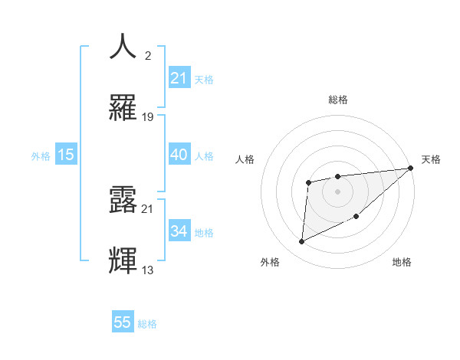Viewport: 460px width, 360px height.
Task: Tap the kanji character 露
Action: point(123,199)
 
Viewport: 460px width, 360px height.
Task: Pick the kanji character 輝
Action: point(123,260)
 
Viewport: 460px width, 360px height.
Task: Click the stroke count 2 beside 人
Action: point(148,55)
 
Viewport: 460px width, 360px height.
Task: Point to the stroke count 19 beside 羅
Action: point(148,116)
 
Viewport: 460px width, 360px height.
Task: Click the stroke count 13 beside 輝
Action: point(148,270)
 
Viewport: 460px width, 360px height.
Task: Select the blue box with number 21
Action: point(179,77)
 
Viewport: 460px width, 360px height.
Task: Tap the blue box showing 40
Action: point(179,155)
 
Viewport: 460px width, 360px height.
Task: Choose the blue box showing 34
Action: point(179,231)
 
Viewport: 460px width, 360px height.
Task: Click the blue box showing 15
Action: point(66,155)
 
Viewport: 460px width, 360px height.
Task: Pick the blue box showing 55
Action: point(123,322)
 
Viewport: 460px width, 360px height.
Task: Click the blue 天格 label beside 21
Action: point(204,79)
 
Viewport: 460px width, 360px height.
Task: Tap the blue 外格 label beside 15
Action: point(41,155)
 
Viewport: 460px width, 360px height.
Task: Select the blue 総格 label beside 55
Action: point(147,324)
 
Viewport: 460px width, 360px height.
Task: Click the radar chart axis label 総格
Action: point(337,100)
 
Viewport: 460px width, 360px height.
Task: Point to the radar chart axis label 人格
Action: point(246,159)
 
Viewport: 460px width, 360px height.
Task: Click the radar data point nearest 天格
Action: point(410,168)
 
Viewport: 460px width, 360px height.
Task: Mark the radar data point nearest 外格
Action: point(302,242)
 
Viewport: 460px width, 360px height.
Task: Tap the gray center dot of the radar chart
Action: point(337,191)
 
